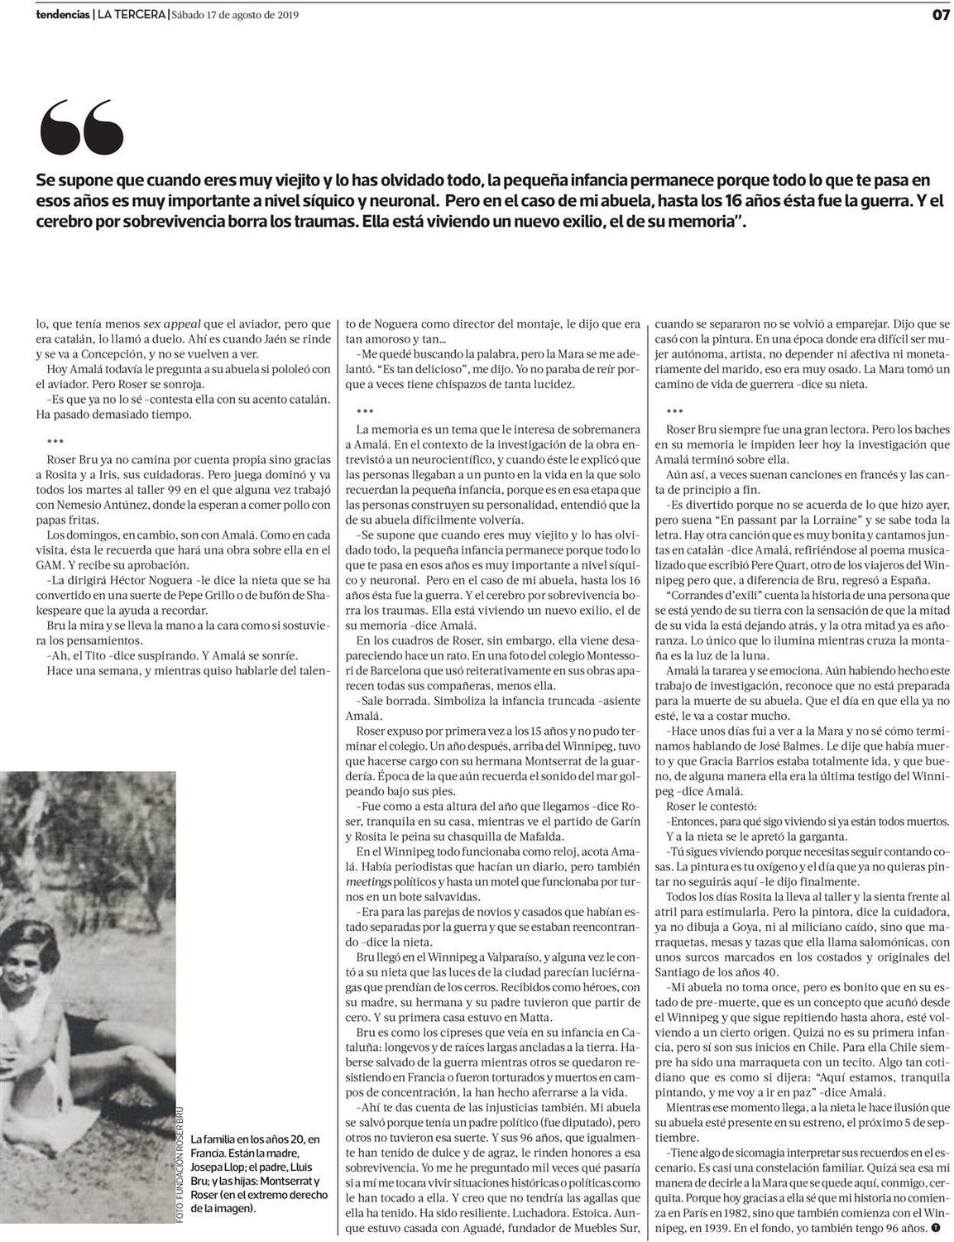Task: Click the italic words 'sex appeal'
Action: click(x=146, y=323)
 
